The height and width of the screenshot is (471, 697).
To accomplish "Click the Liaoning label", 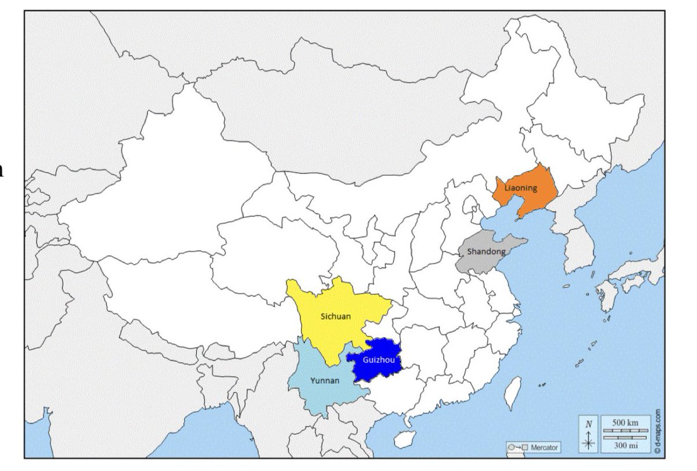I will tap(520, 188).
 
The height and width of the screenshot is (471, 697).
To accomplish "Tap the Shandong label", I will tap(483, 252).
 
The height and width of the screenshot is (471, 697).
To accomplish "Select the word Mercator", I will tap(544, 448).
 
